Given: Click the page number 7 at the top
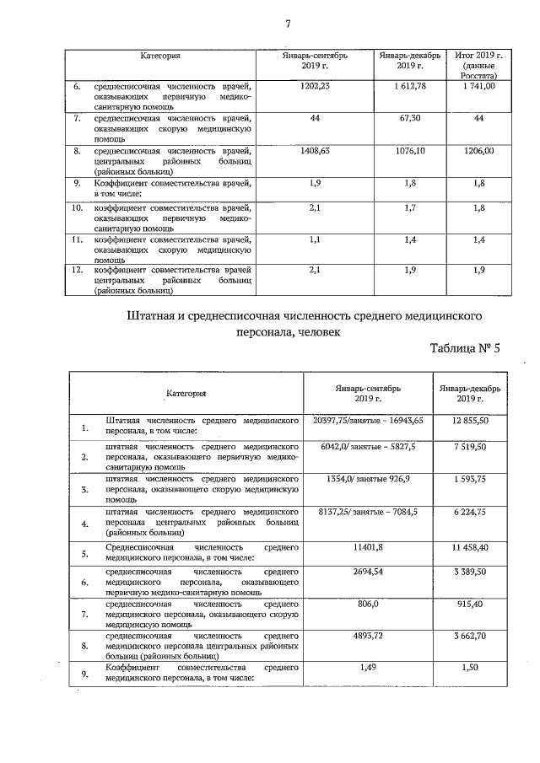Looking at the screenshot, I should click(x=288, y=23).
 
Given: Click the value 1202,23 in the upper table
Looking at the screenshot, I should click(x=315, y=86).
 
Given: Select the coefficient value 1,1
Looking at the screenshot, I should click(x=315, y=240).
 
